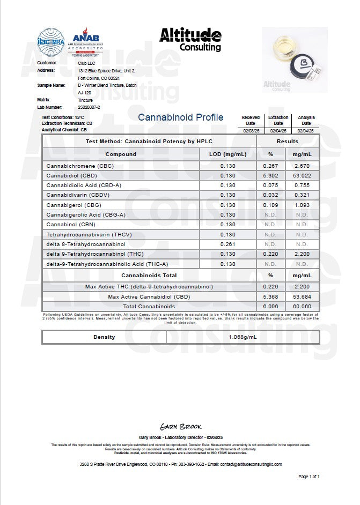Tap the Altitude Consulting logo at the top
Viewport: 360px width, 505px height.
(190, 40)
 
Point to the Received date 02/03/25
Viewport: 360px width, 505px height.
(251, 130)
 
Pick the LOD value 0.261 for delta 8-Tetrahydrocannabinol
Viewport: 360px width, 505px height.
(228, 244)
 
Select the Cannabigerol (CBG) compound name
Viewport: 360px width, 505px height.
(74, 205)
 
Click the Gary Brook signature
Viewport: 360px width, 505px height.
(180, 427)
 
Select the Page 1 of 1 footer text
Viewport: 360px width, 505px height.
(308, 476)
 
